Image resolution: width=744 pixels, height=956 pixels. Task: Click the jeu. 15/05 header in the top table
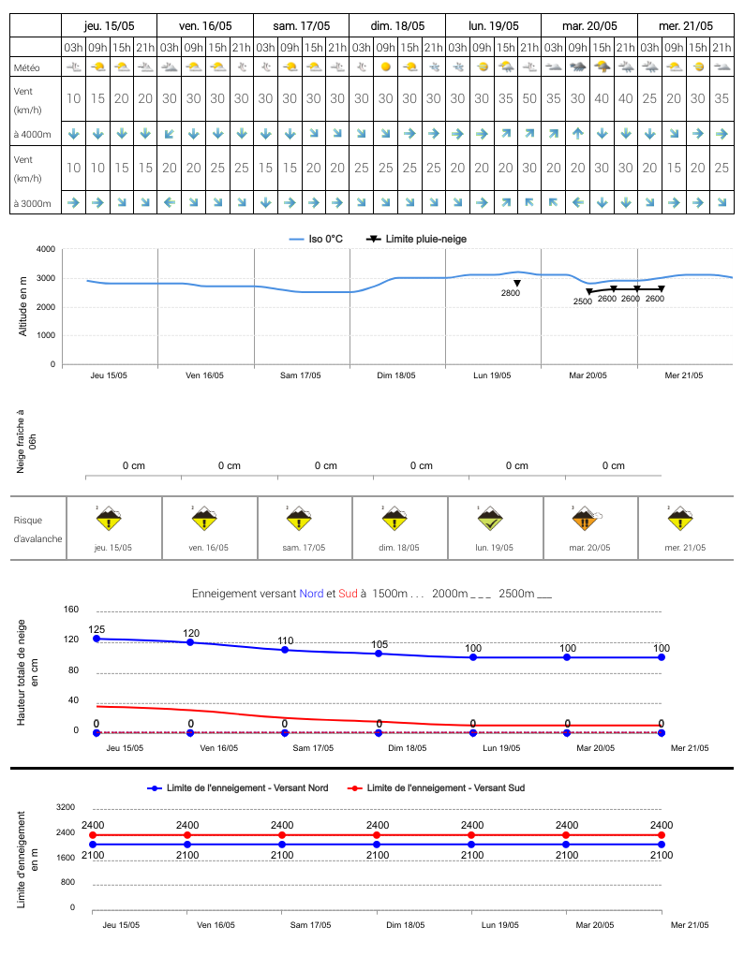[110, 25]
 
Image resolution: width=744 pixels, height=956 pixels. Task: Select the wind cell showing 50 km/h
[529, 98]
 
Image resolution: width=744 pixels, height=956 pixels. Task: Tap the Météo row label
[27, 67]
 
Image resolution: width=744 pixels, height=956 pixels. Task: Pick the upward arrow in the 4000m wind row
[577, 134]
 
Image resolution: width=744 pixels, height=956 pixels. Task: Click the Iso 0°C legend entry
[316, 239]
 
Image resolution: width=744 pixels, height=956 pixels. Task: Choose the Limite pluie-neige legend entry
[416, 239]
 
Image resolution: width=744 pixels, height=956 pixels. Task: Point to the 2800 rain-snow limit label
[511, 293]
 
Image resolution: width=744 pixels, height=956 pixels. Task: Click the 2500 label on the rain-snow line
[582, 302]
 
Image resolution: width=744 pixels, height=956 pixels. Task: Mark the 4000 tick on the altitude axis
[46, 249]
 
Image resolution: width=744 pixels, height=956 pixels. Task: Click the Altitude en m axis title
[23, 306]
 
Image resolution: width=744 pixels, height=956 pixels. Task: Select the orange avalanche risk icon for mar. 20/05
[586, 519]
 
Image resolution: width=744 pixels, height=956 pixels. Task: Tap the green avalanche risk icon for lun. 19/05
[489, 518]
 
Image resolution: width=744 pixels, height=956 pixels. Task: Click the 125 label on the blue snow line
[97, 629]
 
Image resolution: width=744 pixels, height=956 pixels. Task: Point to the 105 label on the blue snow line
[379, 644]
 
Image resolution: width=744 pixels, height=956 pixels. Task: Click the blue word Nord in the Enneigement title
[311, 594]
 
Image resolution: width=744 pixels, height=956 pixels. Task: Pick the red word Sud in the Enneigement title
[348, 594]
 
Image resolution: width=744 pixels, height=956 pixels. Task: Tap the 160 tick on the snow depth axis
[71, 609]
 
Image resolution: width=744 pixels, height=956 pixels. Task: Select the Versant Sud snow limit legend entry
[436, 787]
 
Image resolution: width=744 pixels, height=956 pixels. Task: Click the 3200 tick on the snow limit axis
[66, 806]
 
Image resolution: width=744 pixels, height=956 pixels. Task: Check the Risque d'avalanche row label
[37, 529]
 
